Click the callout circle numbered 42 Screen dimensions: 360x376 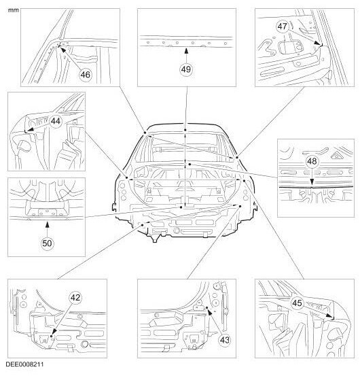pyautogui.click(x=75, y=298)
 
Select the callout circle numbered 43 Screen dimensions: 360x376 pyautogui.click(x=224, y=340)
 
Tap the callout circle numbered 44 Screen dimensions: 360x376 pyautogui.click(x=56, y=121)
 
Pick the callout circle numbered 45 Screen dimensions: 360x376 pyautogui.click(x=297, y=303)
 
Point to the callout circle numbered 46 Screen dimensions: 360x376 pyautogui.click(x=86, y=75)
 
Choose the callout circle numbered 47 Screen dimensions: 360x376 pyautogui.click(x=282, y=26)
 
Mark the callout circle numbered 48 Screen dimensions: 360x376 pyautogui.click(x=312, y=161)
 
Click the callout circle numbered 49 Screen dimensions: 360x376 pyautogui.click(x=186, y=69)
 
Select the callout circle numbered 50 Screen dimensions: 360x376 pyautogui.click(x=47, y=243)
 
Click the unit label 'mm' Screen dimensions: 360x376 pyautogui.click(x=13, y=10)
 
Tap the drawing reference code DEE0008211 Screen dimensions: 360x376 pyautogui.click(x=24, y=364)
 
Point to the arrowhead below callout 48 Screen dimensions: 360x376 pyautogui.click(x=312, y=182)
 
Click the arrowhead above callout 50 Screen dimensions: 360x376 pyautogui.click(x=47, y=224)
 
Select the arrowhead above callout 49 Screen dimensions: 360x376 pyautogui.click(x=186, y=51)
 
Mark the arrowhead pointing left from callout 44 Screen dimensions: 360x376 pyautogui.click(x=31, y=130)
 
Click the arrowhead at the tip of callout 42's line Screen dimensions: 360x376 pyautogui.click(x=54, y=331)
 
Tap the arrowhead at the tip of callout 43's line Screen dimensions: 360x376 pyautogui.click(x=210, y=312)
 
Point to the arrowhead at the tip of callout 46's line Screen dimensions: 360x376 pyautogui.click(x=62, y=50)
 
